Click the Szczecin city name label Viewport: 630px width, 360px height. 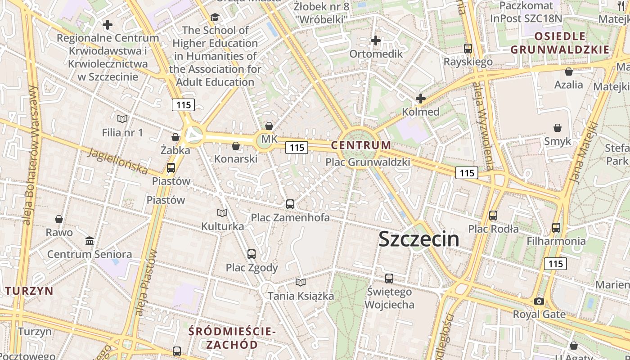[419, 239]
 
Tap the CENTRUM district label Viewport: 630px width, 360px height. [361, 145]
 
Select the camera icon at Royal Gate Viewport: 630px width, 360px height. [539, 301]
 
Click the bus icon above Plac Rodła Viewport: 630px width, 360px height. [493, 216]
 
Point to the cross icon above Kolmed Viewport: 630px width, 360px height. [421, 98]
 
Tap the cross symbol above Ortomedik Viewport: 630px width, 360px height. [376, 41]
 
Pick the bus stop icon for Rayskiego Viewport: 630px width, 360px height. [468, 49]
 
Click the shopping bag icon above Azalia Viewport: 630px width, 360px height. [569, 72]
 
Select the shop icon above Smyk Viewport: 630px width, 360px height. [558, 128]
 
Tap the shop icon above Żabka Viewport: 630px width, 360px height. [175, 137]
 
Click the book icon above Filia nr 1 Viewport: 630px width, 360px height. [122, 119]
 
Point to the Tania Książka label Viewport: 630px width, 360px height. [301, 296]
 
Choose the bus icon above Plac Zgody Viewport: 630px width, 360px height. [252, 254]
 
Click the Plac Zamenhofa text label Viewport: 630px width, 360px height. [290, 218]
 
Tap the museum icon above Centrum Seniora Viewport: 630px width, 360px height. [90, 241]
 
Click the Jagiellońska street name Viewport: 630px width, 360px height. [118, 161]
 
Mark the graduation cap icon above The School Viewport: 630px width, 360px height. [215, 18]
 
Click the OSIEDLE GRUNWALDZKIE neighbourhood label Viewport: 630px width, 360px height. [560, 43]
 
